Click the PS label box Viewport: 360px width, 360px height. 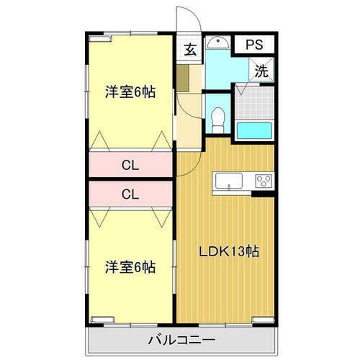(253, 44)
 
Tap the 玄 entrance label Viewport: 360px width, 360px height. (189, 50)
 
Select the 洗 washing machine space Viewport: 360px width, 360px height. (262, 71)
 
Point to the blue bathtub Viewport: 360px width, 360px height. (255, 131)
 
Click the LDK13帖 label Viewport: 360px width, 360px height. (230, 252)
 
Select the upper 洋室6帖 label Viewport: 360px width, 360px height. (130, 92)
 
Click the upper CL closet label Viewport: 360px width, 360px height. (130, 166)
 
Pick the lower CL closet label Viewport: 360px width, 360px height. (130, 193)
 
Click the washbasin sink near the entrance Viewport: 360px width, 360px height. (217, 45)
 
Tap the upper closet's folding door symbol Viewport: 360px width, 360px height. (130, 142)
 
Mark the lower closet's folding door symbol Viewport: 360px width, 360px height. (130, 213)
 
